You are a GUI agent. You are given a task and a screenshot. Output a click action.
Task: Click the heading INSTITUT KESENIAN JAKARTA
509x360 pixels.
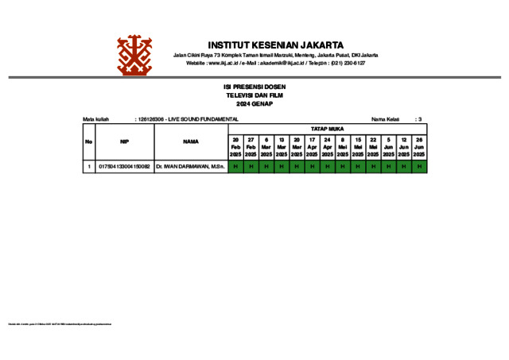pos(275,45)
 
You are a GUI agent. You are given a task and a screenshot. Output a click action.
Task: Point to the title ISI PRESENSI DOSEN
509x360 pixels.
pos(254,87)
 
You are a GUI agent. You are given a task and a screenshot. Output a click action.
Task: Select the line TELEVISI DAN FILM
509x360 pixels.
pos(254,95)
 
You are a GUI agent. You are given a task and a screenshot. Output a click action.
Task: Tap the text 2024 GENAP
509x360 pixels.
pos(254,104)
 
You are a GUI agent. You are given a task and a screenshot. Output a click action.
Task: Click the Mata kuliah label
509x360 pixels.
pos(95,119)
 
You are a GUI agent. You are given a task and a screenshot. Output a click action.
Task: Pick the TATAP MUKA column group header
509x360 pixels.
pos(327,128)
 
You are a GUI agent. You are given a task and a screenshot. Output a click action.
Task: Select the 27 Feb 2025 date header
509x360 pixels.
pos(251,147)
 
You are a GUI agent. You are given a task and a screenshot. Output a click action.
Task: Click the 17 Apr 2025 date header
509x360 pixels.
pos(312,147)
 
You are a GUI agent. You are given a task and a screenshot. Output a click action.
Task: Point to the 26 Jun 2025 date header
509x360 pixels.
pos(419,147)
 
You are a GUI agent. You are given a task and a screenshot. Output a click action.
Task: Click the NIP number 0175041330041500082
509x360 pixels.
pos(124,167)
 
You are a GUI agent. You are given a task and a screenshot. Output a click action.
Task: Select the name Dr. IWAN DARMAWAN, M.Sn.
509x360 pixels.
pos(191,167)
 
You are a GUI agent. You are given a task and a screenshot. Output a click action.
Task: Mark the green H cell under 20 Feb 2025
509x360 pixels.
pos(235,167)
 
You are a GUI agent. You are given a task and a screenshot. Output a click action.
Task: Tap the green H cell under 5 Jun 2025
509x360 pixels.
pos(388,167)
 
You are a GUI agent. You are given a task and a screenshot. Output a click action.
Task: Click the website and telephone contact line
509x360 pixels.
pos(275,63)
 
